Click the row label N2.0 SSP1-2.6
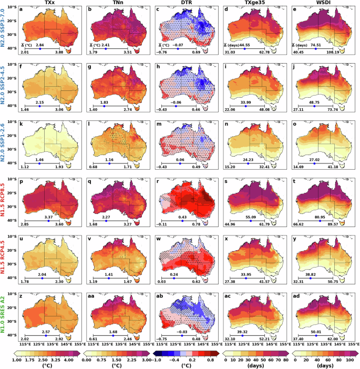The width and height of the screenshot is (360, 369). pyautogui.click(x=4, y=140)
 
